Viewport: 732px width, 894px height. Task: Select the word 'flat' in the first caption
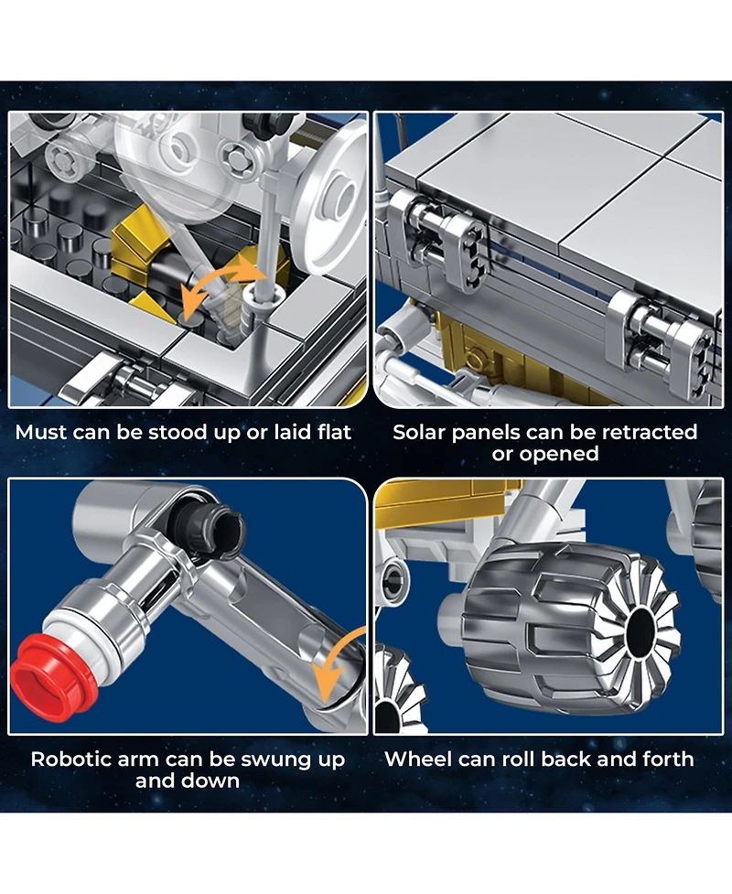coord(334,432)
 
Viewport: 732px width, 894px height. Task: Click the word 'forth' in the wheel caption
coord(668,759)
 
